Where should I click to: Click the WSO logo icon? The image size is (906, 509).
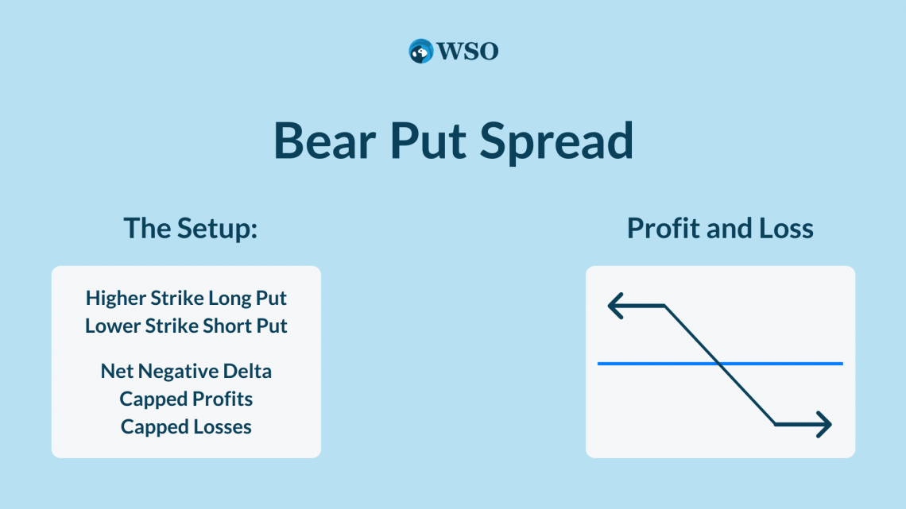(x=420, y=51)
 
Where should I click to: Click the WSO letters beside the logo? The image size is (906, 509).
(x=467, y=52)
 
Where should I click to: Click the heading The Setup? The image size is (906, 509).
(x=191, y=229)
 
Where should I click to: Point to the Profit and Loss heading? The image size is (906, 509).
(x=720, y=228)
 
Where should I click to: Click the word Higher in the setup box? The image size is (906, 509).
(x=115, y=299)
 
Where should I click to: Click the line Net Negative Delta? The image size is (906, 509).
(x=186, y=371)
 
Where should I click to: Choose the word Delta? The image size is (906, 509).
(x=247, y=371)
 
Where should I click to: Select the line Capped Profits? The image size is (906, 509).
(x=186, y=399)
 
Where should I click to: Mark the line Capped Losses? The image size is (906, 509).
(x=186, y=426)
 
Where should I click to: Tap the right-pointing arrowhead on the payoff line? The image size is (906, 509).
(x=824, y=425)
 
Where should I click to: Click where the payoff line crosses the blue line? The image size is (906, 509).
(x=719, y=364)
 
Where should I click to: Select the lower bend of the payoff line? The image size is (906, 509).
(x=775, y=425)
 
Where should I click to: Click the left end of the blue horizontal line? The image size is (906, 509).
(x=598, y=364)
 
